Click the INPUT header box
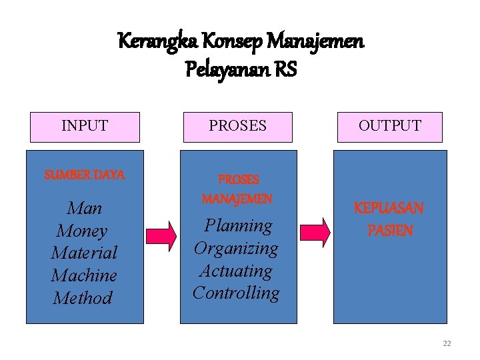85,127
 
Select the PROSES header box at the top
237,127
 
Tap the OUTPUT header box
390,127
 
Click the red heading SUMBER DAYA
85,175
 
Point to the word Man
85,209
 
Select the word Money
82,231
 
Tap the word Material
84,253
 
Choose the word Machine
84,275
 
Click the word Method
83,298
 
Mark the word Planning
238,226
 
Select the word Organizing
236,249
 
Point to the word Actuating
236,271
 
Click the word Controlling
236,293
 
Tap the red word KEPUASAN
389,208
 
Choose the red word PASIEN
390,231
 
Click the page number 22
447,343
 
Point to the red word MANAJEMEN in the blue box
237,199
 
